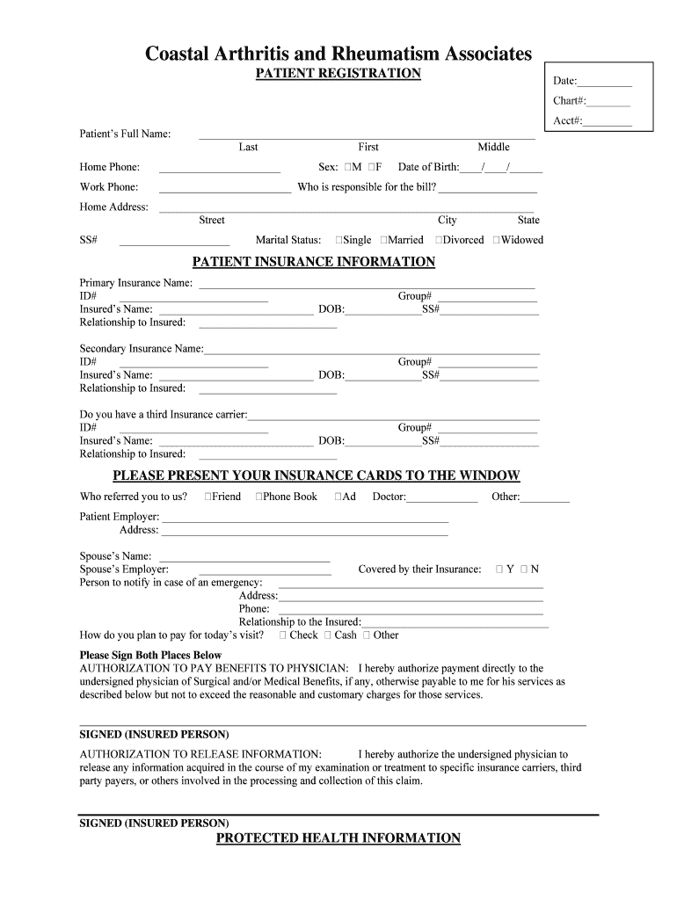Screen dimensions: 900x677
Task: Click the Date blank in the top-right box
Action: (605, 82)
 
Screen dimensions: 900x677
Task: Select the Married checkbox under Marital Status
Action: (384, 240)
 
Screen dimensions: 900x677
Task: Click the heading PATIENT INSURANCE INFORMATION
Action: (314, 262)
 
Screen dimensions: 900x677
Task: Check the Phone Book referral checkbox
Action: (259, 497)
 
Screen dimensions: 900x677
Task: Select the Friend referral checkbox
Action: (208, 497)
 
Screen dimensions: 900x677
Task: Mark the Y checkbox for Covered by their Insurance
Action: (499, 570)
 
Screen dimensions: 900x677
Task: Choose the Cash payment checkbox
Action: (328, 635)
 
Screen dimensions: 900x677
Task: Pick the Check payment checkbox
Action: (283, 635)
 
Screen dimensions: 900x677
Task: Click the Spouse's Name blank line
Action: (244, 558)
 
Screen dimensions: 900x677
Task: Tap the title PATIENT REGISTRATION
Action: (338, 73)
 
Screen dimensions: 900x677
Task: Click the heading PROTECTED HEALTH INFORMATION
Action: (338, 838)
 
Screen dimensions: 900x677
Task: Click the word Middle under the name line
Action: (493, 147)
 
